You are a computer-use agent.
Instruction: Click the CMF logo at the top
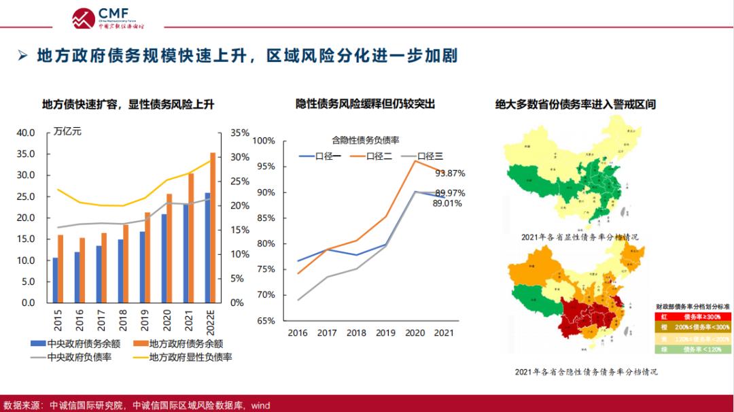[108, 17]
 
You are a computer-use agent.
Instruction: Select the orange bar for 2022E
[213, 227]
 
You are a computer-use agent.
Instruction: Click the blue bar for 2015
[55, 279]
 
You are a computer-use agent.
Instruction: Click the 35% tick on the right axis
[241, 133]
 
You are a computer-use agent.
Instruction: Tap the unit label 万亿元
[67, 132]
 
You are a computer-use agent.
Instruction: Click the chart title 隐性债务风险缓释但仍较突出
[365, 104]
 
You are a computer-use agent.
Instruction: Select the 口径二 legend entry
[371, 156]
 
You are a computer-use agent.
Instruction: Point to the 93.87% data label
[450, 173]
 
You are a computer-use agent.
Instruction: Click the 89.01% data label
[447, 203]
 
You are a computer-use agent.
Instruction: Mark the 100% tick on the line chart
[264, 141]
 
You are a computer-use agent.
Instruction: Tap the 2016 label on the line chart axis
[298, 332]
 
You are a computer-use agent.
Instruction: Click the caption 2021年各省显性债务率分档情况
[580, 237]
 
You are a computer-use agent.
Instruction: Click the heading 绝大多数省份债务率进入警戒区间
[575, 104]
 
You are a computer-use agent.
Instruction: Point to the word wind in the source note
[260, 406]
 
